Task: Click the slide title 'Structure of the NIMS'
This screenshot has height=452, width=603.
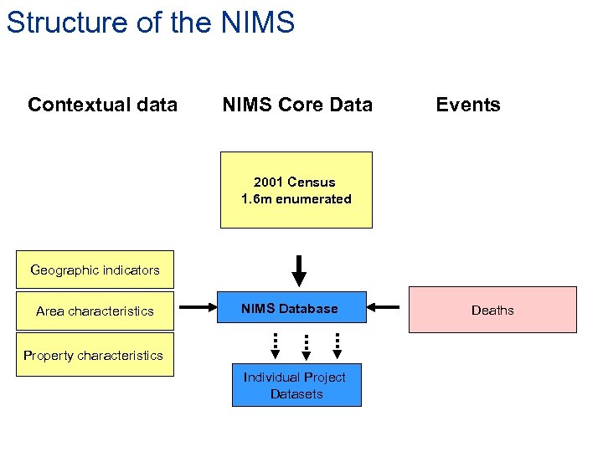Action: [151, 23]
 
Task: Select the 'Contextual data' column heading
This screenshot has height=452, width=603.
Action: [102, 105]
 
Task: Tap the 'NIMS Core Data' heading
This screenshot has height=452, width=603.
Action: [297, 105]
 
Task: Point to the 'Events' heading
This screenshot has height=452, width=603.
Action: [468, 105]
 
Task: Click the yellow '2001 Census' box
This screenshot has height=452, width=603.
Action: [296, 190]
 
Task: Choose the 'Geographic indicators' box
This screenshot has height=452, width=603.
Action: [95, 270]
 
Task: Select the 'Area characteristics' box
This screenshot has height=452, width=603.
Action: [95, 311]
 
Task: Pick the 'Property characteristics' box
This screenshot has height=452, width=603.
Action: [94, 356]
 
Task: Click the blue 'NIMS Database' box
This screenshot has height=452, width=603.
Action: [290, 308]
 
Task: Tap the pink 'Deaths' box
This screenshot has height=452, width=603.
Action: [492, 310]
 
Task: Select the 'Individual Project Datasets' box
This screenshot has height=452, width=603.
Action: [296, 385]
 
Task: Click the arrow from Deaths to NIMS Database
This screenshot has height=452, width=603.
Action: [384, 307]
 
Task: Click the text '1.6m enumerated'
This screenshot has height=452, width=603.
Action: [296, 199]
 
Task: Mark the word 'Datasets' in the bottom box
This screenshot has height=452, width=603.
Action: [296, 394]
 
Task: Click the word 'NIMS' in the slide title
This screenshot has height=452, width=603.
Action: [258, 23]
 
